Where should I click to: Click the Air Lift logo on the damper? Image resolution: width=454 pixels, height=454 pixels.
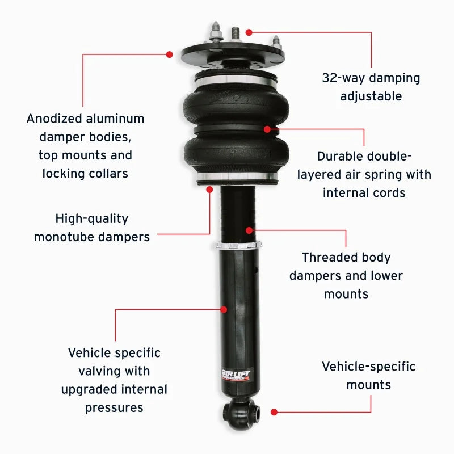235,375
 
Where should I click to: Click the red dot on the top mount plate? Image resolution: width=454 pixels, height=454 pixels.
169,54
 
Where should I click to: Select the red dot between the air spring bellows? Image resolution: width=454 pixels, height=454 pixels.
267,129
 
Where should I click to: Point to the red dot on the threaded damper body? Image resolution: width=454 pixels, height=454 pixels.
249,230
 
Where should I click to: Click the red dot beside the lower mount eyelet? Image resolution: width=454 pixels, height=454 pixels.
274,411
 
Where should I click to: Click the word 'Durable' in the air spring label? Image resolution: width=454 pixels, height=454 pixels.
339,156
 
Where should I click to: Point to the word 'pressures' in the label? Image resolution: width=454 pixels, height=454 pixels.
114,407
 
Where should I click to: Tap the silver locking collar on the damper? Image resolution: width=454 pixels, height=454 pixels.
238,245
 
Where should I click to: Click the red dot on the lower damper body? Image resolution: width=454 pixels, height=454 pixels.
224,309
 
